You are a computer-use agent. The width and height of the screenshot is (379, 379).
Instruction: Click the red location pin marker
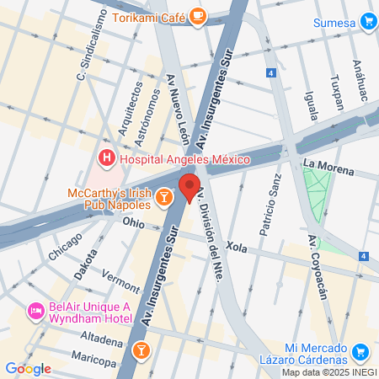click(189, 187)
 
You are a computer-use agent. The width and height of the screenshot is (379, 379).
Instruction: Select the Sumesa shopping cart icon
click(367, 21)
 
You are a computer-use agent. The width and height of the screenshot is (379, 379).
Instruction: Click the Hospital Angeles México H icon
click(107, 157)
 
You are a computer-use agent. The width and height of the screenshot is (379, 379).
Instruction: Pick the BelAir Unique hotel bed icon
click(36, 311)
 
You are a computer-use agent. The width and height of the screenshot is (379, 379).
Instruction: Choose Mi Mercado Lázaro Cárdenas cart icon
click(360, 352)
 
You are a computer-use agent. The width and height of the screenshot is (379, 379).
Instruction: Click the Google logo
click(28, 369)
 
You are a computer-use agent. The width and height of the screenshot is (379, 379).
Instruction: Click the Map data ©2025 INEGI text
click(329, 372)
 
